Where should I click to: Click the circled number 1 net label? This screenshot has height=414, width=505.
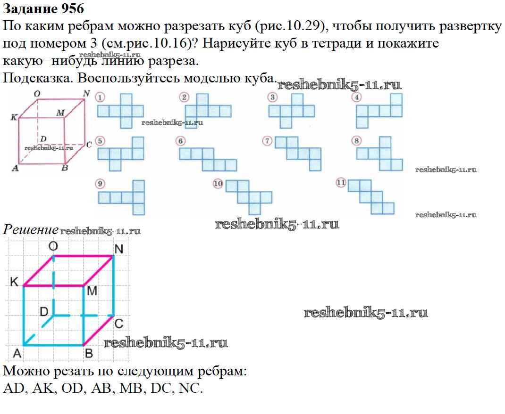tap(100, 97)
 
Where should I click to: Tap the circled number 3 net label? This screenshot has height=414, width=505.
tap(272, 97)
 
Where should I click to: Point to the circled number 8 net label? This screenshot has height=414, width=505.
tap(357, 140)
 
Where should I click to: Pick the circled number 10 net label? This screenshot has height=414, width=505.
tap(218, 184)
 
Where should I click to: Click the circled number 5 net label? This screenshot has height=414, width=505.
tap(100, 141)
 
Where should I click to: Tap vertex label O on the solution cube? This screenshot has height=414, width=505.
tap(53, 246)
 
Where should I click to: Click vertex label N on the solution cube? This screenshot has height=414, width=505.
tap(119, 249)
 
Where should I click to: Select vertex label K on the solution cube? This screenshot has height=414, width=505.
tap(15, 282)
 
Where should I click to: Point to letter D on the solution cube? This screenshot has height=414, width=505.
tap(43, 311)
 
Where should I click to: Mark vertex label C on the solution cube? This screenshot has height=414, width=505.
tap(119, 324)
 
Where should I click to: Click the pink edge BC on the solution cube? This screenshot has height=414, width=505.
tap(98, 330)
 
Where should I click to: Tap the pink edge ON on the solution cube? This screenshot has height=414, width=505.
tap(83, 256)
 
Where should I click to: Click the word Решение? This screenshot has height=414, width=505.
tap(31, 230)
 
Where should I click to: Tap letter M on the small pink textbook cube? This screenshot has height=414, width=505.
tap(60, 113)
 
